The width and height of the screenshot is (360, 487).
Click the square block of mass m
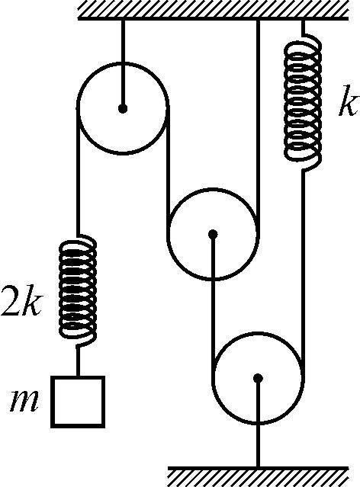pos(78,402)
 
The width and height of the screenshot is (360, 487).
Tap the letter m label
pos(24,402)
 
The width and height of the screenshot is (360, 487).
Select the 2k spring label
pos(21,300)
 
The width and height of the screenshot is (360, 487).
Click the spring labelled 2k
pos(78,290)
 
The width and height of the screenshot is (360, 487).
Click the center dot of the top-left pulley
pos(123,109)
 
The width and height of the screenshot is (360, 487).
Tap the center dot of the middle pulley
pos(213,234)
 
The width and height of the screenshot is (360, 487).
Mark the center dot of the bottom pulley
pos(258,378)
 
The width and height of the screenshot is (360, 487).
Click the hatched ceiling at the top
pos(213,10)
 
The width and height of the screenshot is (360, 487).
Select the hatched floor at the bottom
pos(258,476)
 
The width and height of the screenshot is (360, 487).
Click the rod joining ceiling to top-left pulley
pos(123,64)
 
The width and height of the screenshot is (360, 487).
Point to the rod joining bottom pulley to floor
pos(258,422)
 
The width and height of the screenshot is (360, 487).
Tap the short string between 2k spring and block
pos(78,361)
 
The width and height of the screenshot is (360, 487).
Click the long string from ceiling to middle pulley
pos(258,127)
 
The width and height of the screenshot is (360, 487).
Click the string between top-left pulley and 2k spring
pos(78,172)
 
